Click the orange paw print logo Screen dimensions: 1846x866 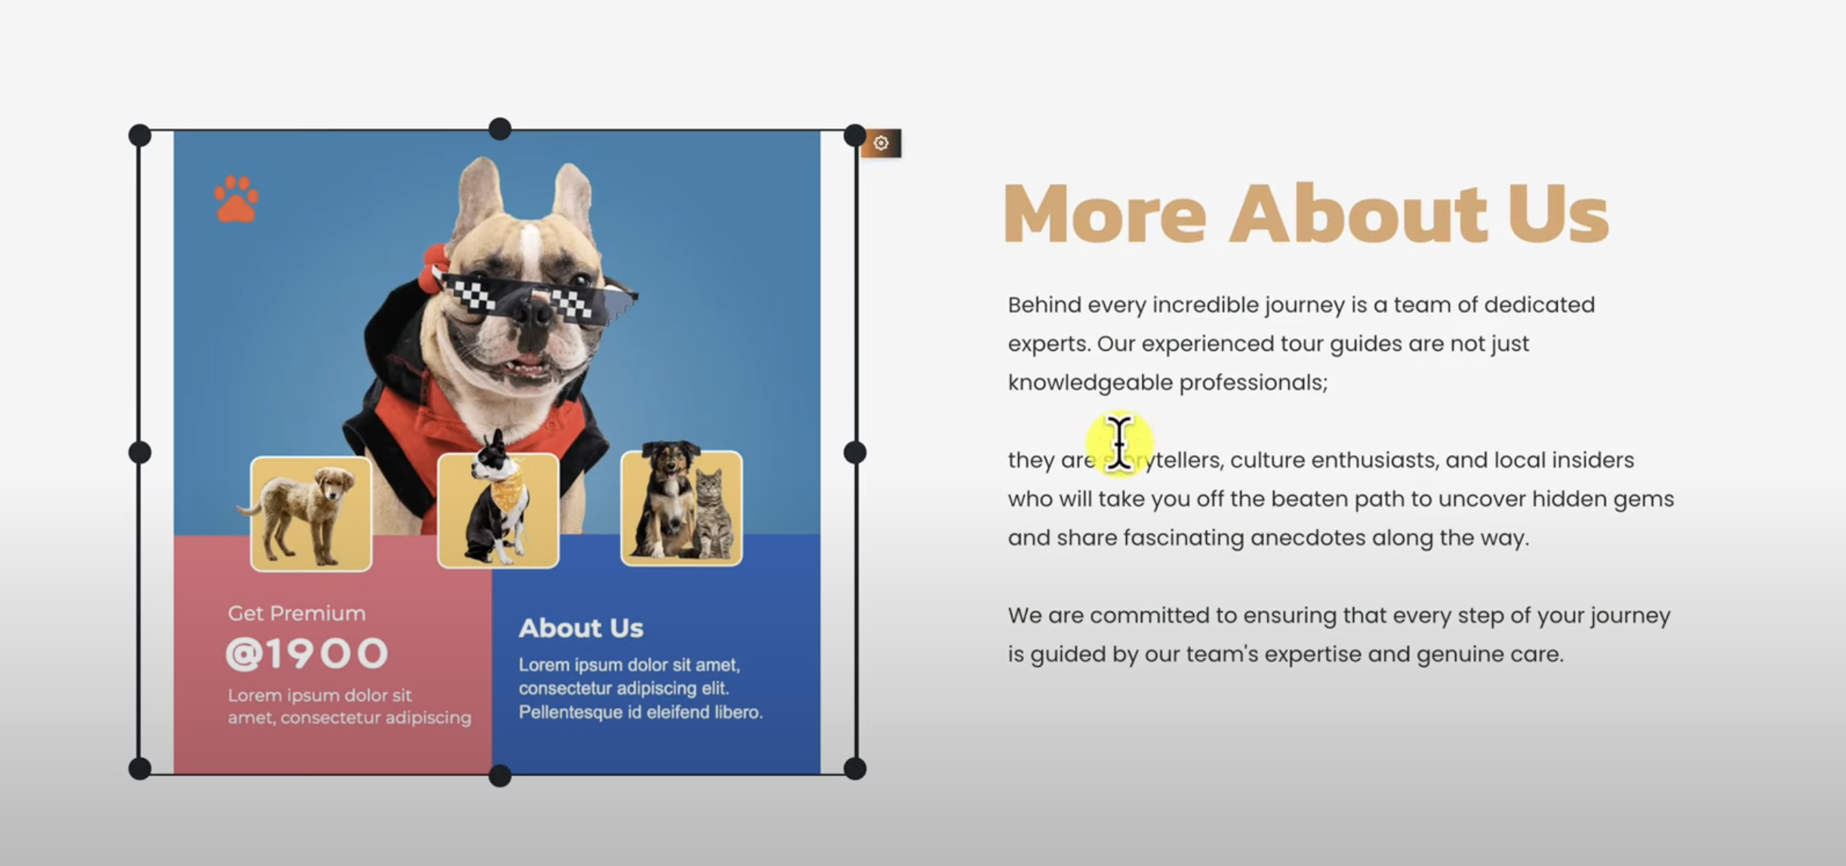[236, 199]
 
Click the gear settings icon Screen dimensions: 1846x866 [881, 143]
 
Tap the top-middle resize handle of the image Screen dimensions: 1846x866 [500, 129]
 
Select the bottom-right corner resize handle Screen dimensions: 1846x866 [855, 769]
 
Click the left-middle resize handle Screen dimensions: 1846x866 [140, 453]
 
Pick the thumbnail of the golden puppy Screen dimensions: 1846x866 [311, 514]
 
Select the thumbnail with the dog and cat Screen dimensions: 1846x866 [681, 508]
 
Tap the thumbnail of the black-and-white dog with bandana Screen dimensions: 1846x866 [498, 510]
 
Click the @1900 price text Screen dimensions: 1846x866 [307, 653]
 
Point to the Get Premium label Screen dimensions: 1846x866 [297, 613]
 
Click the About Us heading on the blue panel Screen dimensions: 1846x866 [581, 628]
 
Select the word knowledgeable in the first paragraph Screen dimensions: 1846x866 [1090, 382]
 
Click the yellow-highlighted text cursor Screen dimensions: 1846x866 [1119, 444]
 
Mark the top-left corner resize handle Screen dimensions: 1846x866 [140, 136]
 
